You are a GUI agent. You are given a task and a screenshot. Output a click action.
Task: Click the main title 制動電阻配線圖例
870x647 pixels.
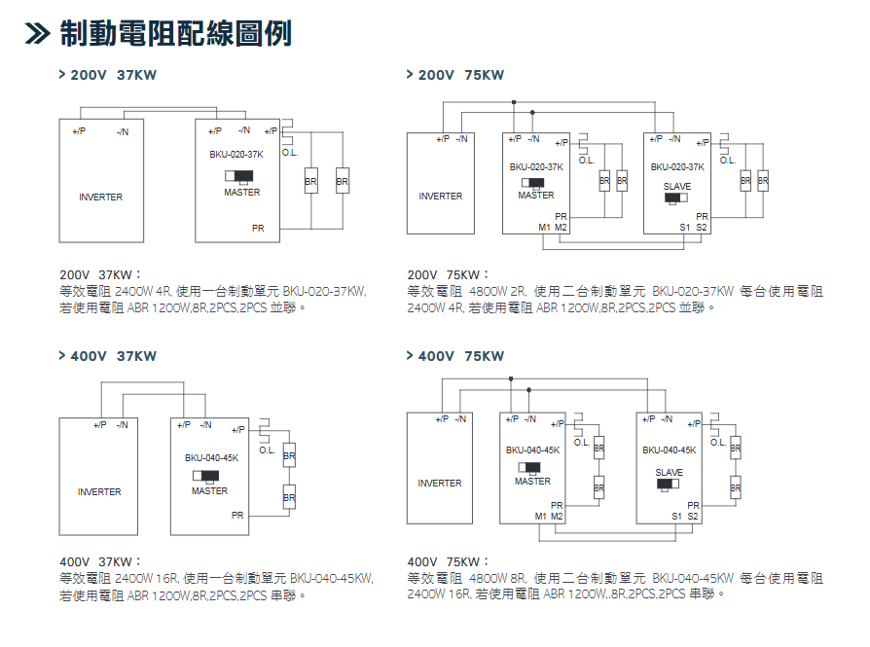click(x=175, y=34)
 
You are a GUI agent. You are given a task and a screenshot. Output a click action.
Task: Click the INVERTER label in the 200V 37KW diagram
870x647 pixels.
click(x=101, y=198)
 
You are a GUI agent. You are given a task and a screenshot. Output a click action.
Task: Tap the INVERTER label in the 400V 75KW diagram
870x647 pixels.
click(x=440, y=484)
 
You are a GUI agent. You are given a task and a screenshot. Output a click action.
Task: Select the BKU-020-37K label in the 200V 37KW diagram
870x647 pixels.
click(x=236, y=155)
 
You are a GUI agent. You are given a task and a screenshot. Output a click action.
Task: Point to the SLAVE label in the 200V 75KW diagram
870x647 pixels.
click(x=677, y=186)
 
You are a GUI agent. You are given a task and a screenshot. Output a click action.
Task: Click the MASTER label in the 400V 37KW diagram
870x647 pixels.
click(x=209, y=491)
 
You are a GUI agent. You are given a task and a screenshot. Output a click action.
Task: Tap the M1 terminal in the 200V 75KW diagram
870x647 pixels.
click(x=544, y=227)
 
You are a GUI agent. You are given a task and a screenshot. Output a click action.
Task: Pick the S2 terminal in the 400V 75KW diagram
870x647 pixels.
click(x=693, y=516)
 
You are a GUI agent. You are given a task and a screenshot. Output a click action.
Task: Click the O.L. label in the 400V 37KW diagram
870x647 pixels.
click(x=267, y=450)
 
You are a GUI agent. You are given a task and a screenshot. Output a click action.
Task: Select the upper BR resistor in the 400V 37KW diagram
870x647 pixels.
click(x=289, y=455)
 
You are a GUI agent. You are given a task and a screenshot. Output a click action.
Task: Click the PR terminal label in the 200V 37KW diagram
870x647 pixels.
click(x=258, y=228)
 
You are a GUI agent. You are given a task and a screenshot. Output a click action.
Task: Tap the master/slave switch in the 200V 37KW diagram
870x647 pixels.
click(x=239, y=177)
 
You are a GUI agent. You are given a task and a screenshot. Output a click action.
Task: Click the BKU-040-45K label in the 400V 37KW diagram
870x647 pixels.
click(x=211, y=457)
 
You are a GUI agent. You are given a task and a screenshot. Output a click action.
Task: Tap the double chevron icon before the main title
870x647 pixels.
click(x=37, y=35)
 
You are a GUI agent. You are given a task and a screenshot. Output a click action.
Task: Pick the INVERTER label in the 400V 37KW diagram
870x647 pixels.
click(x=99, y=492)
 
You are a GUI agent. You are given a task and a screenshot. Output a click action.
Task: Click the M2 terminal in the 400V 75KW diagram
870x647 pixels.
click(x=557, y=516)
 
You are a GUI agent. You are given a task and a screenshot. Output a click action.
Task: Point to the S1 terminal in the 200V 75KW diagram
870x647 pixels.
click(x=685, y=227)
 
